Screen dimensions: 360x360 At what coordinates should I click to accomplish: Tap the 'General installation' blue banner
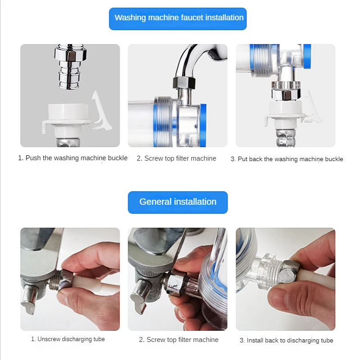[x=178, y=202]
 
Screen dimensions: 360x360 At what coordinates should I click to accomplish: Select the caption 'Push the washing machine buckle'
[x=72, y=158]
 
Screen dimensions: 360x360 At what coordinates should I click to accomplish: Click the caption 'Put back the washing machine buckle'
[x=287, y=159]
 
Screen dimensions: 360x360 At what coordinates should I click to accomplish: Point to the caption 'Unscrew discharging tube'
[x=68, y=339]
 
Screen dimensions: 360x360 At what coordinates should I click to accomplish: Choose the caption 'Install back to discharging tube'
[x=286, y=341]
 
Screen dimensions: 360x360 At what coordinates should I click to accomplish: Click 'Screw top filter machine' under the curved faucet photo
[x=176, y=158]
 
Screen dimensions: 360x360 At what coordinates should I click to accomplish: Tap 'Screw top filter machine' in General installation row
[x=179, y=340]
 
